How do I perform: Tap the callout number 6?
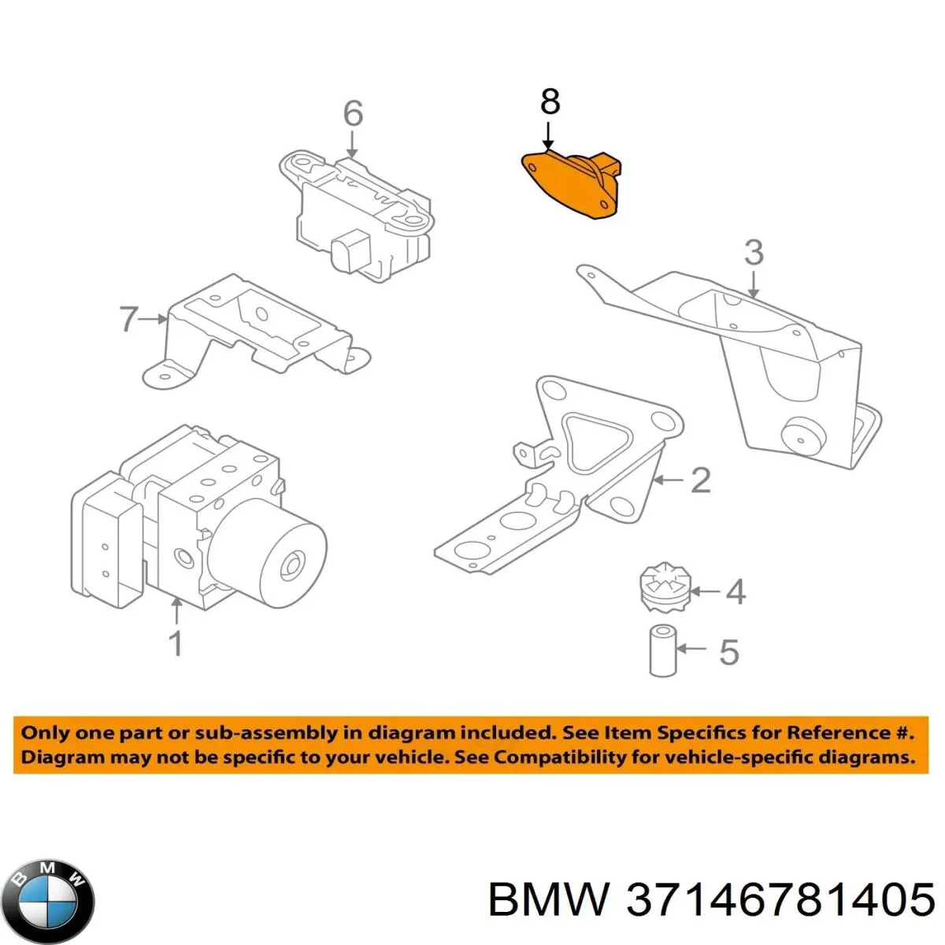pyautogui.click(x=353, y=113)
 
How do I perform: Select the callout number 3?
pyautogui.click(x=754, y=253)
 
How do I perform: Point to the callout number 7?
pyautogui.click(x=128, y=319)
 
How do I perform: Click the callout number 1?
pyautogui.click(x=176, y=643)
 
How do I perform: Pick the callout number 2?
pyautogui.click(x=700, y=480)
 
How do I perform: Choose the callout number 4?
pyautogui.click(x=734, y=591)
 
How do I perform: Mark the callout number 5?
pyautogui.click(x=728, y=651)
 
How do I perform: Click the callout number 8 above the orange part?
pyautogui.click(x=550, y=102)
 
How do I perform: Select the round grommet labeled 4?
pyautogui.click(x=665, y=590)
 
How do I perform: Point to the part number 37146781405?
pyautogui.click(x=780, y=899)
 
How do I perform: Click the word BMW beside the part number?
pyautogui.click(x=548, y=899)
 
